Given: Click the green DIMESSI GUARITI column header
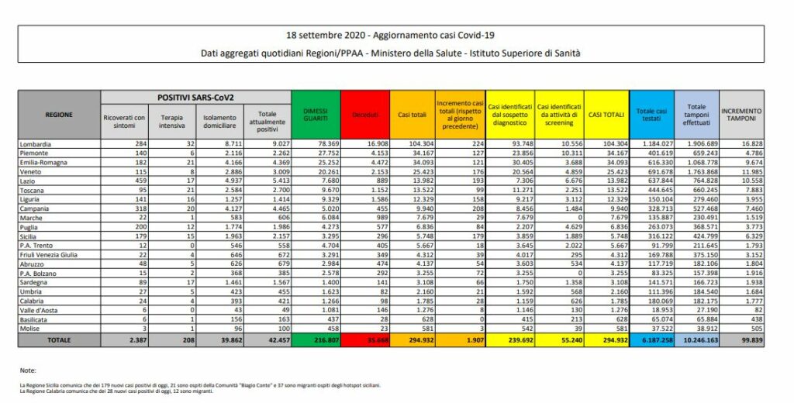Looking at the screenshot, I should pos(316,114).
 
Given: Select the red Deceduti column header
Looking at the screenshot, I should pos(364,114).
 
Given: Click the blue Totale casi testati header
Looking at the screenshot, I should pos(650,114).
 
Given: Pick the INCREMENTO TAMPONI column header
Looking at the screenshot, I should pos(744,114).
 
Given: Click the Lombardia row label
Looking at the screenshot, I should pos(37,144).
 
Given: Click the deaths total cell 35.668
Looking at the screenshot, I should pos(364,339).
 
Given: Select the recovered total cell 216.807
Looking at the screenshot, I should pos(316,339).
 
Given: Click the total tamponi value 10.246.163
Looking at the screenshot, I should pos(696,339).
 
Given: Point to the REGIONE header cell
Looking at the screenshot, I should pos(60,114).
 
